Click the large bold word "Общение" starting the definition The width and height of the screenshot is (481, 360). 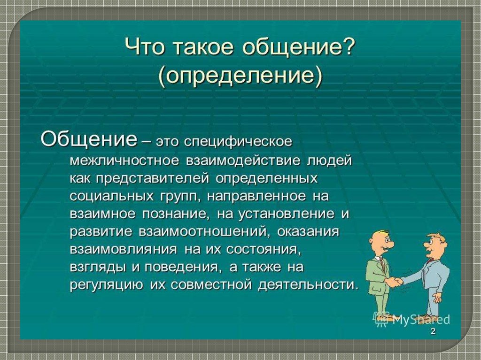click(x=88, y=140)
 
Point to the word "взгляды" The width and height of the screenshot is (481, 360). click(x=98, y=268)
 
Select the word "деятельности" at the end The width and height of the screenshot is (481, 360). click(x=308, y=285)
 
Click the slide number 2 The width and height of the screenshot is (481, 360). click(x=433, y=331)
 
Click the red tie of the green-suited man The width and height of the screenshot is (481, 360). click(x=382, y=263)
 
